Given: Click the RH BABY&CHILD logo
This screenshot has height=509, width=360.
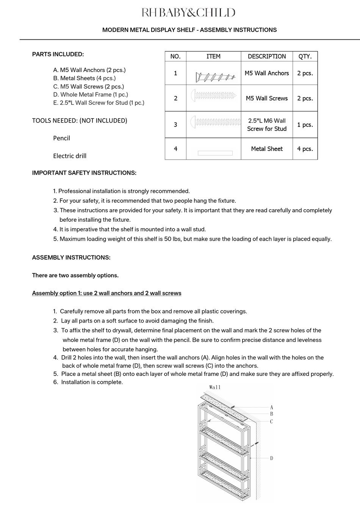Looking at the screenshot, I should [x=188, y=13].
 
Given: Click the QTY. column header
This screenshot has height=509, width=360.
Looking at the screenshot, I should [x=305, y=56].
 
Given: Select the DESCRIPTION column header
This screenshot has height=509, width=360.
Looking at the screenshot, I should [x=267, y=56].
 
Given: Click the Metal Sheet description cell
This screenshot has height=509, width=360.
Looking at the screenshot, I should [x=267, y=149].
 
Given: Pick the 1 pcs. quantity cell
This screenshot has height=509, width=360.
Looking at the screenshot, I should [x=305, y=125].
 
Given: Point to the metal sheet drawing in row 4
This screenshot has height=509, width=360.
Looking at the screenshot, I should [x=215, y=153].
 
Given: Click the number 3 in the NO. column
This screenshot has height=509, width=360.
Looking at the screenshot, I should [x=175, y=125].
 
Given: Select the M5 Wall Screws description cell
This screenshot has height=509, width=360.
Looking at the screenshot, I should [x=267, y=98].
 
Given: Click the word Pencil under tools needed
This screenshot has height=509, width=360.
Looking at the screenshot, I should [x=61, y=138].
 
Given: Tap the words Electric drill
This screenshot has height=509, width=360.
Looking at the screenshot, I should [x=70, y=156].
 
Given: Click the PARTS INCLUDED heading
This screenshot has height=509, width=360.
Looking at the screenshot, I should [x=58, y=54].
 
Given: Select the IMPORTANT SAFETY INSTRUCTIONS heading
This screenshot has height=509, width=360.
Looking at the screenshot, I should [x=84, y=173].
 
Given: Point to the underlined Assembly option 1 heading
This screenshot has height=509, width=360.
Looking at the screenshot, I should [x=106, y=293].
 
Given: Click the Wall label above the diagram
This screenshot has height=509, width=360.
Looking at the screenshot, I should [x=214, y=387].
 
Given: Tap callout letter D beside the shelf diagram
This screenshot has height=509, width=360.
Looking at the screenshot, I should [x=271, y=458].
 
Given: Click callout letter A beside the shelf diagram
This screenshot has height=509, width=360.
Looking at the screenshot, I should [x=271, y=407].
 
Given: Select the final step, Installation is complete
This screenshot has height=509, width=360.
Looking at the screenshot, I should [x=92, y=382].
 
